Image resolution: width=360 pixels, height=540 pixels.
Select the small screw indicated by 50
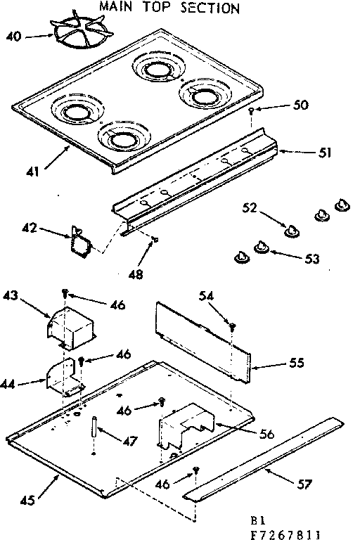[251, 112]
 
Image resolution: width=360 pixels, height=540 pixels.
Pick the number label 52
[249, 207]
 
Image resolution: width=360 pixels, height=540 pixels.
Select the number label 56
[266, 435]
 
